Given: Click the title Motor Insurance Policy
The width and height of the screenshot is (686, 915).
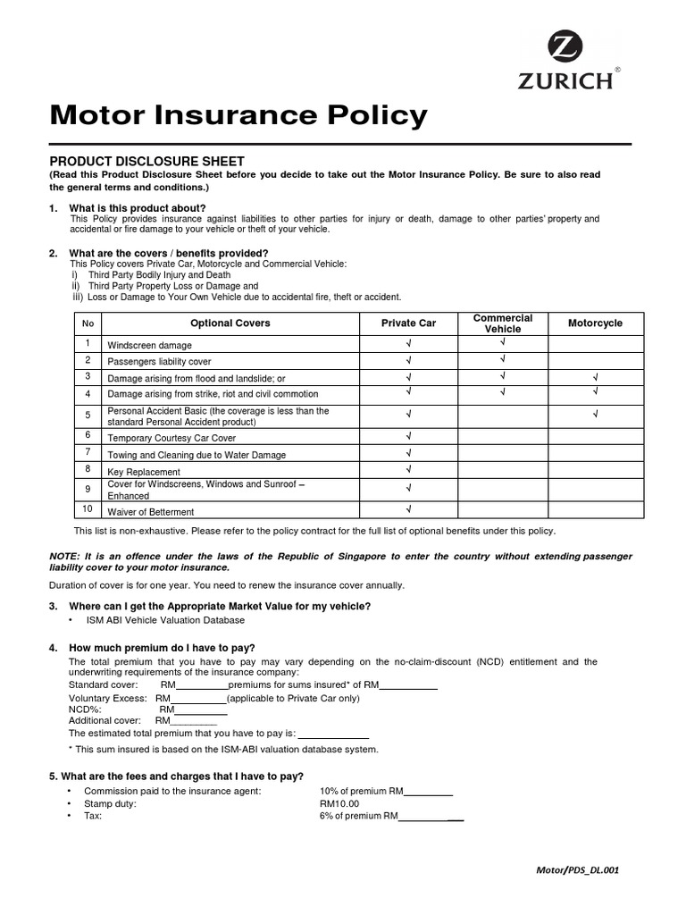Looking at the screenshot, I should [x=238, y=115].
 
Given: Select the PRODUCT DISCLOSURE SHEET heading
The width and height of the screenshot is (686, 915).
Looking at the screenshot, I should [x=146, y=161].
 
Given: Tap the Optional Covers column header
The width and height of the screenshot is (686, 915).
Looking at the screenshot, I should [x=230, y=323].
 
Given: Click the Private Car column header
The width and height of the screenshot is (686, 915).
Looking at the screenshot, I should [x=408, y=323].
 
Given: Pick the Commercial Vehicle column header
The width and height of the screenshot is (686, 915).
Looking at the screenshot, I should [x=502, y=323].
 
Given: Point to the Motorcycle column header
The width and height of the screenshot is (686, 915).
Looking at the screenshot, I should [x=595, y=323].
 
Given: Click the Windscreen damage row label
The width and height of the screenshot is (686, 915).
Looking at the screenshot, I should [x=149, y=345].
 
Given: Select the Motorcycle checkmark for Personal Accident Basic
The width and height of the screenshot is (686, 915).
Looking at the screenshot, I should [x=595, y=414].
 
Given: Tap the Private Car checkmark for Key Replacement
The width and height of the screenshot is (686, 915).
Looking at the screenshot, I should [x=408, y=469].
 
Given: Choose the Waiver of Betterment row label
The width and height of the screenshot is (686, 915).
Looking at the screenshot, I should [x=151, y=512].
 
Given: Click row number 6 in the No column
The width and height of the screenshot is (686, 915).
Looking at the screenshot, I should [x=88, y=435].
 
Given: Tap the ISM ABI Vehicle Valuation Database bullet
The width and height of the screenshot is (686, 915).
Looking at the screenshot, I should [x=164, y=620].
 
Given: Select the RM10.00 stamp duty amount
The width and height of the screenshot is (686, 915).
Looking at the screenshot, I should [x=339, y=803].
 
